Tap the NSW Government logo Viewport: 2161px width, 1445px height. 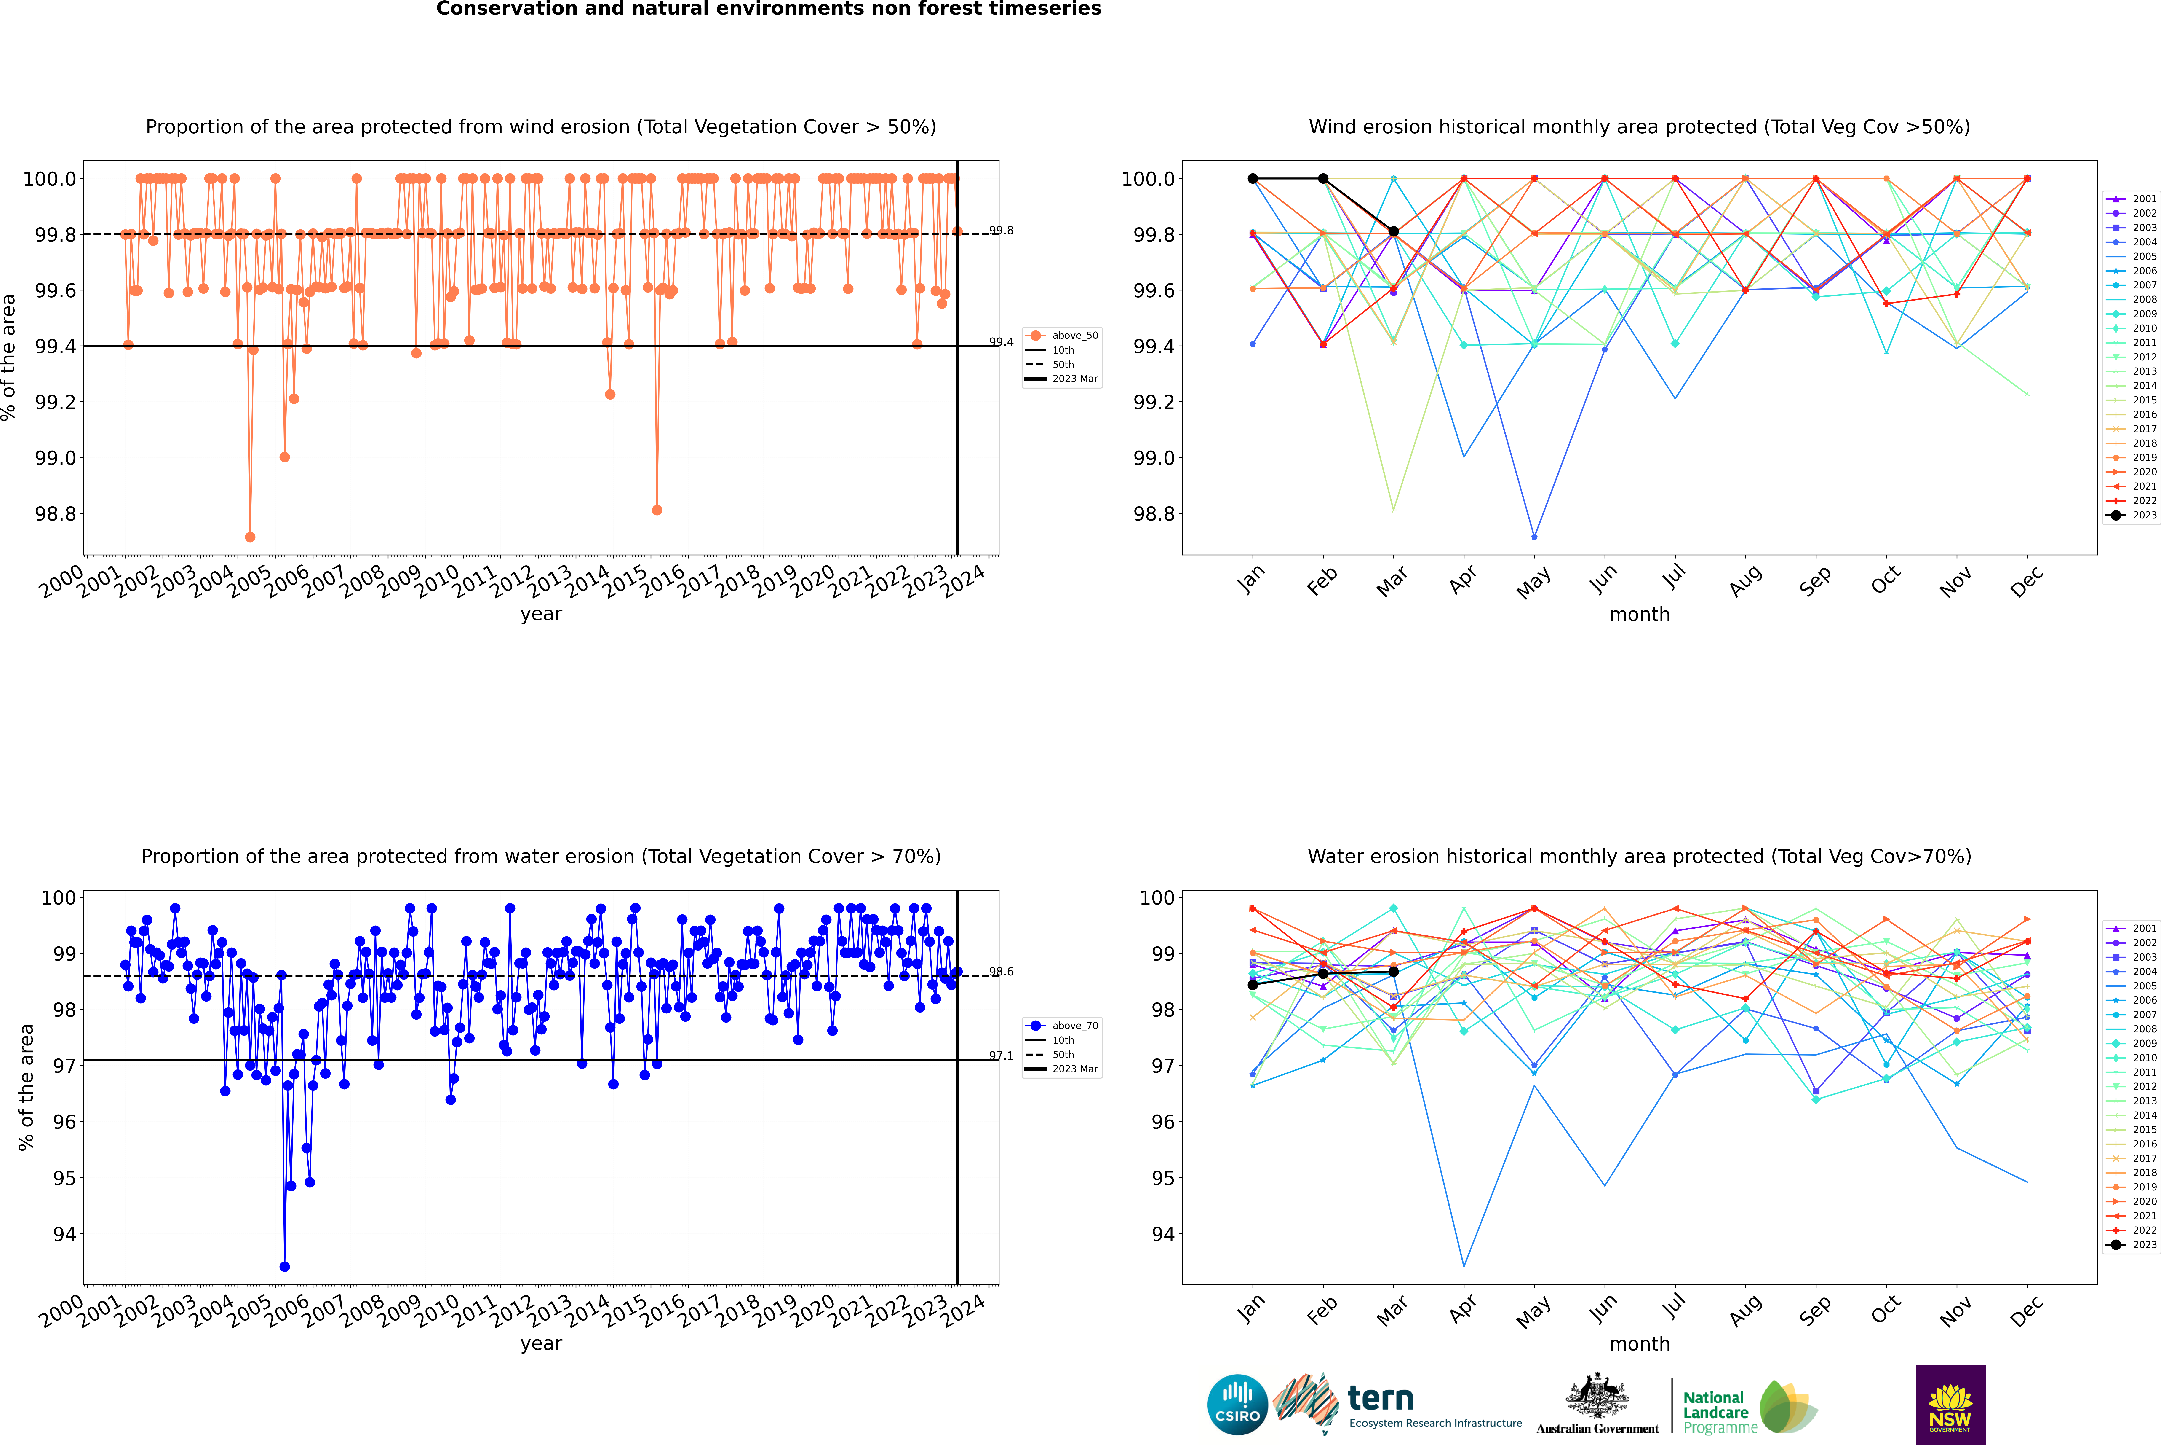click(1950, 1405)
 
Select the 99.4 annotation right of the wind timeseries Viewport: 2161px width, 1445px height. click(1001, 342)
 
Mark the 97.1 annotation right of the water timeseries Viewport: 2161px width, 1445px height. click(1001, 1056)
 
